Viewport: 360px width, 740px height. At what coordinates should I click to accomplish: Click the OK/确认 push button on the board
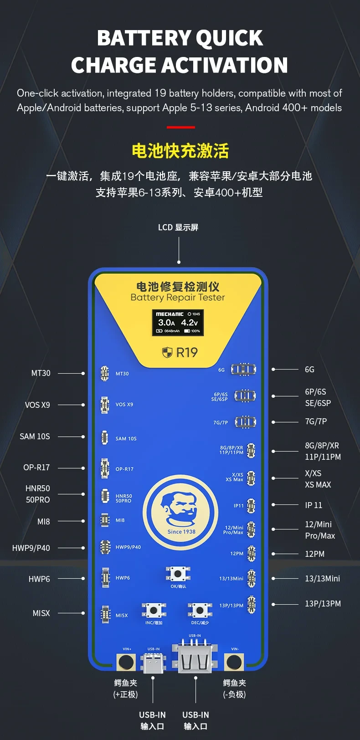pos(178,574)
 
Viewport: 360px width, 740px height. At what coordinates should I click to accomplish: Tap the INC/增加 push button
pos(154,610)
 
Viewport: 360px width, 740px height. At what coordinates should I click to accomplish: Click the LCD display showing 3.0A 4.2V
pos(178,323)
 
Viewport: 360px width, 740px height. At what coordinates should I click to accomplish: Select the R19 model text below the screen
pos(180,352)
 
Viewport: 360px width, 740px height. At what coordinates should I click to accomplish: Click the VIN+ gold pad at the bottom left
pos(126,662)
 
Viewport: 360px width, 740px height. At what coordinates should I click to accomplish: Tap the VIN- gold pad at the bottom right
pos(234,662)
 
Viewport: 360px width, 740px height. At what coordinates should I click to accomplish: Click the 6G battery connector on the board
pos(243,370)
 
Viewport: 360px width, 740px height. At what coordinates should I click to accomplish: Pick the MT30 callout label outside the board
pos(41,373)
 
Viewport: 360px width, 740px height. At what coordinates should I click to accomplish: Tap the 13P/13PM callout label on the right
pos(323,604)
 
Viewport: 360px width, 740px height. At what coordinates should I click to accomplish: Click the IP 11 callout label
pos(314,505)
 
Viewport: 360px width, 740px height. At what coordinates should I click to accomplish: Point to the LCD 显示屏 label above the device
pos(178,227)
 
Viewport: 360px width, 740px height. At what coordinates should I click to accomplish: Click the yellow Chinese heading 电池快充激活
pos(180,151)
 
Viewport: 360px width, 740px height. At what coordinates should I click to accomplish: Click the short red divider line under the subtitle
pos(180,127)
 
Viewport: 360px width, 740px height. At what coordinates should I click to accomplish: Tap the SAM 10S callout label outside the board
pos(35,437)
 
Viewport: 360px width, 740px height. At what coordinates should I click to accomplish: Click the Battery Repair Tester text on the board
pos(178,298)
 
